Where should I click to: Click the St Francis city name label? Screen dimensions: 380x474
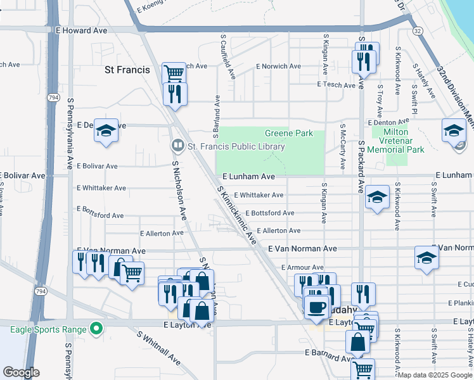127,70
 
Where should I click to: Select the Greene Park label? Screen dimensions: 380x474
280,134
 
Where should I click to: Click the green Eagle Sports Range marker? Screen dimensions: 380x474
96,329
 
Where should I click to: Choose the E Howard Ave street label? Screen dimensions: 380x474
82,30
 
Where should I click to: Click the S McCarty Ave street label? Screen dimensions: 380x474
343,146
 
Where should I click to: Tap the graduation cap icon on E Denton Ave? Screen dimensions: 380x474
106,130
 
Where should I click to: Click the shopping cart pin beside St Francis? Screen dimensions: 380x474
173,72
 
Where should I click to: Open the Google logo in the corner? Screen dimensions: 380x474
22,372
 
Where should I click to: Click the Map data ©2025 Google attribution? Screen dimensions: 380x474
435,375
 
